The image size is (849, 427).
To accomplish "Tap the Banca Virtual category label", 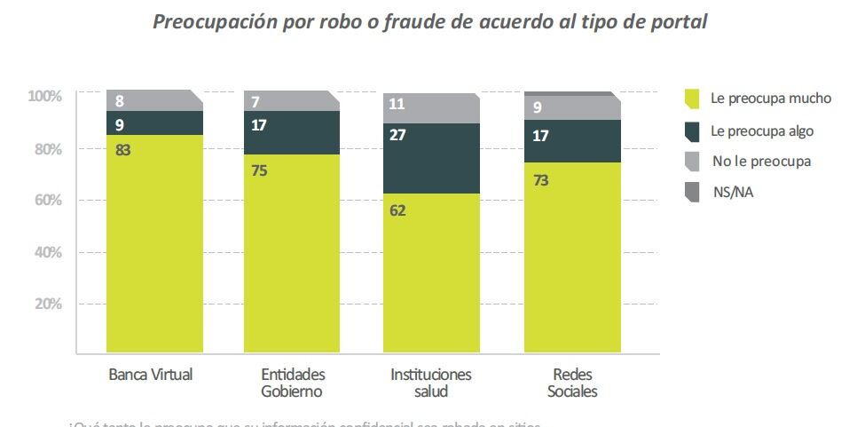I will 150,374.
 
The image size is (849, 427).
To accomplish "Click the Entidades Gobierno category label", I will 292,382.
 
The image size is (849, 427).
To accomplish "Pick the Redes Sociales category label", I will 572,382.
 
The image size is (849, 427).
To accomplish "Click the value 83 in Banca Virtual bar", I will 123,150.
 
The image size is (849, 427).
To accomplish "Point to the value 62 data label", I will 397,210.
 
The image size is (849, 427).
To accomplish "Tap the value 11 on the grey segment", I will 397,104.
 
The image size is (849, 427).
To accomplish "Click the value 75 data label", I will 260,170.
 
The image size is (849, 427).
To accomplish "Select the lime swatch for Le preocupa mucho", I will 692,99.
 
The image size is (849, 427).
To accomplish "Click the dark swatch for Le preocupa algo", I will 692,130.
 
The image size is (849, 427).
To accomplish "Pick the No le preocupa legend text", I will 761,162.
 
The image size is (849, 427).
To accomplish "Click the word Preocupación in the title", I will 214,21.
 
